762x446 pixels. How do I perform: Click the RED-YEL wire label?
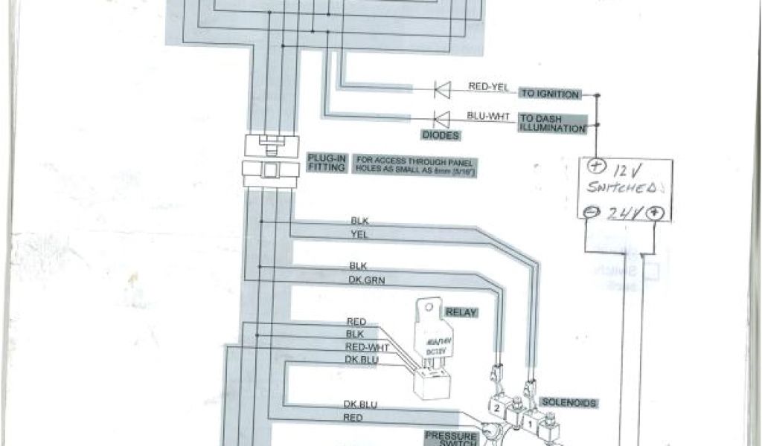click(x=488, y=87)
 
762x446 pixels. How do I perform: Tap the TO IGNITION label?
click(x=549, y=94)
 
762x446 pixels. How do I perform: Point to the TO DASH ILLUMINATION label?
click(x=551, y=123)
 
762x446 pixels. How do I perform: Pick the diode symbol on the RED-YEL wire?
click(x=443, y=91)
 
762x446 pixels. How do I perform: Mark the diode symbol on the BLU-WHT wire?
click(x=443, y=118)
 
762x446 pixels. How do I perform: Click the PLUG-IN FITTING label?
click(x=326, y=163)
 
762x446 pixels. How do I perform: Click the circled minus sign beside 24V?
click(x=589, y=211)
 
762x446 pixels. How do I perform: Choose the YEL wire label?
click(x=359, y=233)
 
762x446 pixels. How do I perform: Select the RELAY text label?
click(x=461, y=312)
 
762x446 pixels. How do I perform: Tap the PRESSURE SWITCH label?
click(x=450, y=438)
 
